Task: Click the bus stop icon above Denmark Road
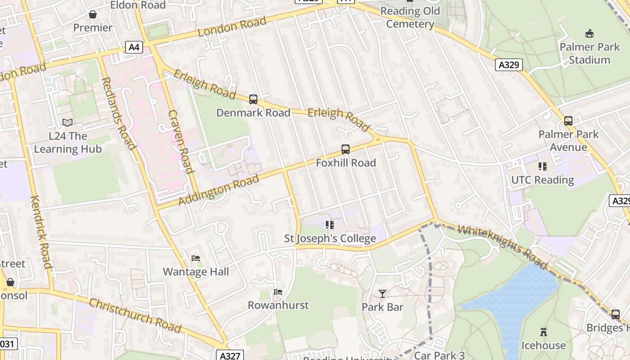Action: coord(253,99)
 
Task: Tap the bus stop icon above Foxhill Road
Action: coord(346,149)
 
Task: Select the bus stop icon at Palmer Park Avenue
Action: coord(568,121)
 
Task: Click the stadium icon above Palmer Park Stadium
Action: coord(589,33)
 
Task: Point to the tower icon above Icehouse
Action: coord(544,332)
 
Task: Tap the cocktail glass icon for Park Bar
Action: coord(382,294)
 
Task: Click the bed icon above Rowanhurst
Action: coord(278,292)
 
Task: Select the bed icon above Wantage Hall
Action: coord(196,258)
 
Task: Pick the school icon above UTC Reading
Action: coord(543,166)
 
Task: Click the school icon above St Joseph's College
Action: coord(330,225)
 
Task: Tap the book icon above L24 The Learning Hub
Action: coord(67,122)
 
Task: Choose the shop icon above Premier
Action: coord(93,14)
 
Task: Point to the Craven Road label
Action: coord(181,141)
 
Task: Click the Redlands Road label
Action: coord(119,113)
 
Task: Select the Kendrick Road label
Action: coord(41,232)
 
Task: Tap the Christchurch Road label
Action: coord(135,315)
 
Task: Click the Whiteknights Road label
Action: coord(502,247)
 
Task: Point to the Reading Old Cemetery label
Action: coord(410,18)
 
